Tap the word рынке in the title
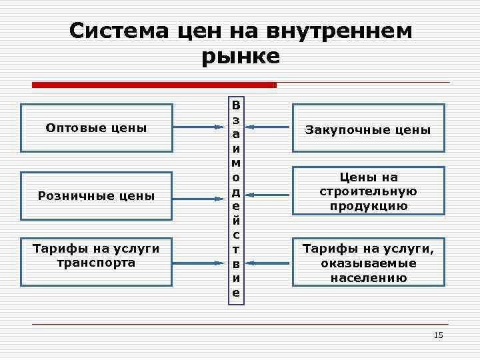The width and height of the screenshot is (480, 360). (x=240, y=56)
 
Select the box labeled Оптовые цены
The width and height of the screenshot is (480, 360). (x=97, y=127)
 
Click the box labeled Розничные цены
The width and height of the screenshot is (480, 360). (x=97, y=196)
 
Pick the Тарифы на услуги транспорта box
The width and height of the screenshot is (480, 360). (x=97, y=255)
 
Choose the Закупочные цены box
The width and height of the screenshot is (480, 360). (x=368, y=129)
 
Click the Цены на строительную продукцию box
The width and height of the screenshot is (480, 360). (x=368, y=191)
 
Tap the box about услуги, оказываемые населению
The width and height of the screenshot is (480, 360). (x=368, y=263)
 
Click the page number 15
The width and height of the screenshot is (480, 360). (x=438, y=335)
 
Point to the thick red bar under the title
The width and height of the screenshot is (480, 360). (x=154, y=85)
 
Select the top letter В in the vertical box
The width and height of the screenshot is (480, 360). (x=237, y=105)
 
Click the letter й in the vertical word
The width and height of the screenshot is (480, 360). (x=237, y=221)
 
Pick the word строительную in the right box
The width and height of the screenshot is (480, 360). (x=368, y=191)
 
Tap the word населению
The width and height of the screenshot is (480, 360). (x=368, y=277)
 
